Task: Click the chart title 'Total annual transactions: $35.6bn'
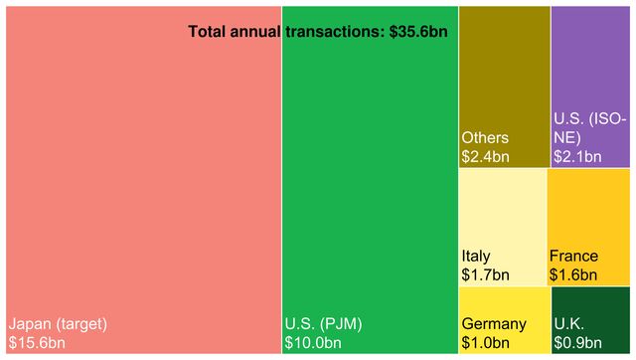click(x=318, y=32)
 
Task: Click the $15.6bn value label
click(x=37, y=343)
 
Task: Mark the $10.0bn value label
click(x=312, y=343)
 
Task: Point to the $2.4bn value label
click(x=485, y=156)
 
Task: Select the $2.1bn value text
click(x=577, y=156)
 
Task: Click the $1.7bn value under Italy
click(x=485, y=274)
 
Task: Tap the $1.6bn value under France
click(x=573, y=274)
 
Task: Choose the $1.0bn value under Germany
click(x=485, y=343)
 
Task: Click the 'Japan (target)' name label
click(x=58, y=324)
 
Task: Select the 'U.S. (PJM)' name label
click(x=323, y=324)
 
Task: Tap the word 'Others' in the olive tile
click(x=485, y=137)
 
